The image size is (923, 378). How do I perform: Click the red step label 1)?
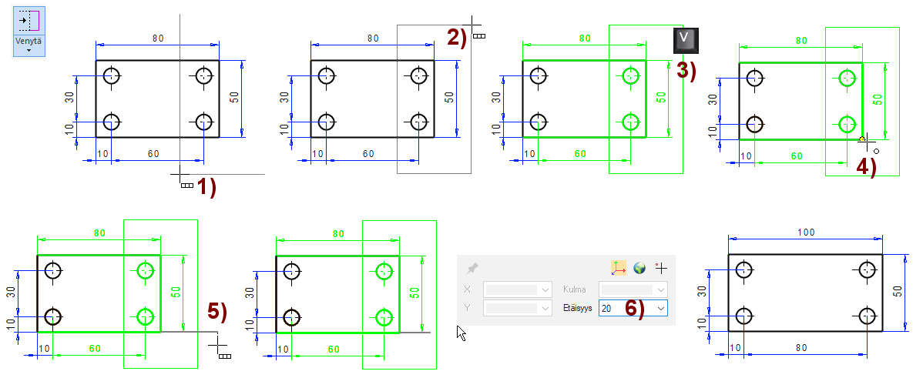206,187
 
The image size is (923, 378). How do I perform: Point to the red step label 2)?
456,37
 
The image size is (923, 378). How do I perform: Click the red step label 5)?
218,311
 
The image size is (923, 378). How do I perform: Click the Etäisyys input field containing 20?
626,308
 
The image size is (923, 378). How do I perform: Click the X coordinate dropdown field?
518,289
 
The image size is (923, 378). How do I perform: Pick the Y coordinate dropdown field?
518,308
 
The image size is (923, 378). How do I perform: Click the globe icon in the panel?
639,268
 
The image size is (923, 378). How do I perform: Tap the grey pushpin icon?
473,268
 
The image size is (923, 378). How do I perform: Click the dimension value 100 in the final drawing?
806,232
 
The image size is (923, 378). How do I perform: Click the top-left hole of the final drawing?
743,269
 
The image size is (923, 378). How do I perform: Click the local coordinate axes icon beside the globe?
619,268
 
